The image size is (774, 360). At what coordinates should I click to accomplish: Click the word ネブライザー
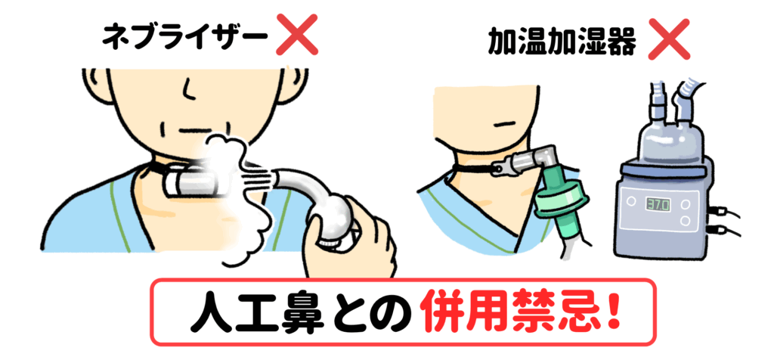click(184, 38)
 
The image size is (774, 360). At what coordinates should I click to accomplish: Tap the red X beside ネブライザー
click(296, 35)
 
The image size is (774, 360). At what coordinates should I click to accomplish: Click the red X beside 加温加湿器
click(668, 39)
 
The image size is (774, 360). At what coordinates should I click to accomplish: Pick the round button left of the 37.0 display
click(631, 201)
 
